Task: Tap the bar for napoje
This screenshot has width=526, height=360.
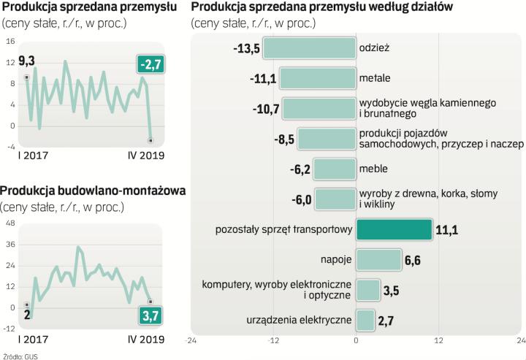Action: coord(378,259)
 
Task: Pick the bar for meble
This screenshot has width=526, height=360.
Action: coord(335,169)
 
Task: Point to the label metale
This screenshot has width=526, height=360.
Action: coord(375,78)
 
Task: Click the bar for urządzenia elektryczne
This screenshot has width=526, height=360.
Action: coord(365,319)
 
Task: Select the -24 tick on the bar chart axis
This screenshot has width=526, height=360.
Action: coord(192,340)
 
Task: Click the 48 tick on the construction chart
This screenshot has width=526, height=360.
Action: coord(12,224)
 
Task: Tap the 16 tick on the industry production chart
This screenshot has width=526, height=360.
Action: coord(12,42)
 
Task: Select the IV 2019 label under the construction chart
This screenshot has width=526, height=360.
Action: coord(147,340)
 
